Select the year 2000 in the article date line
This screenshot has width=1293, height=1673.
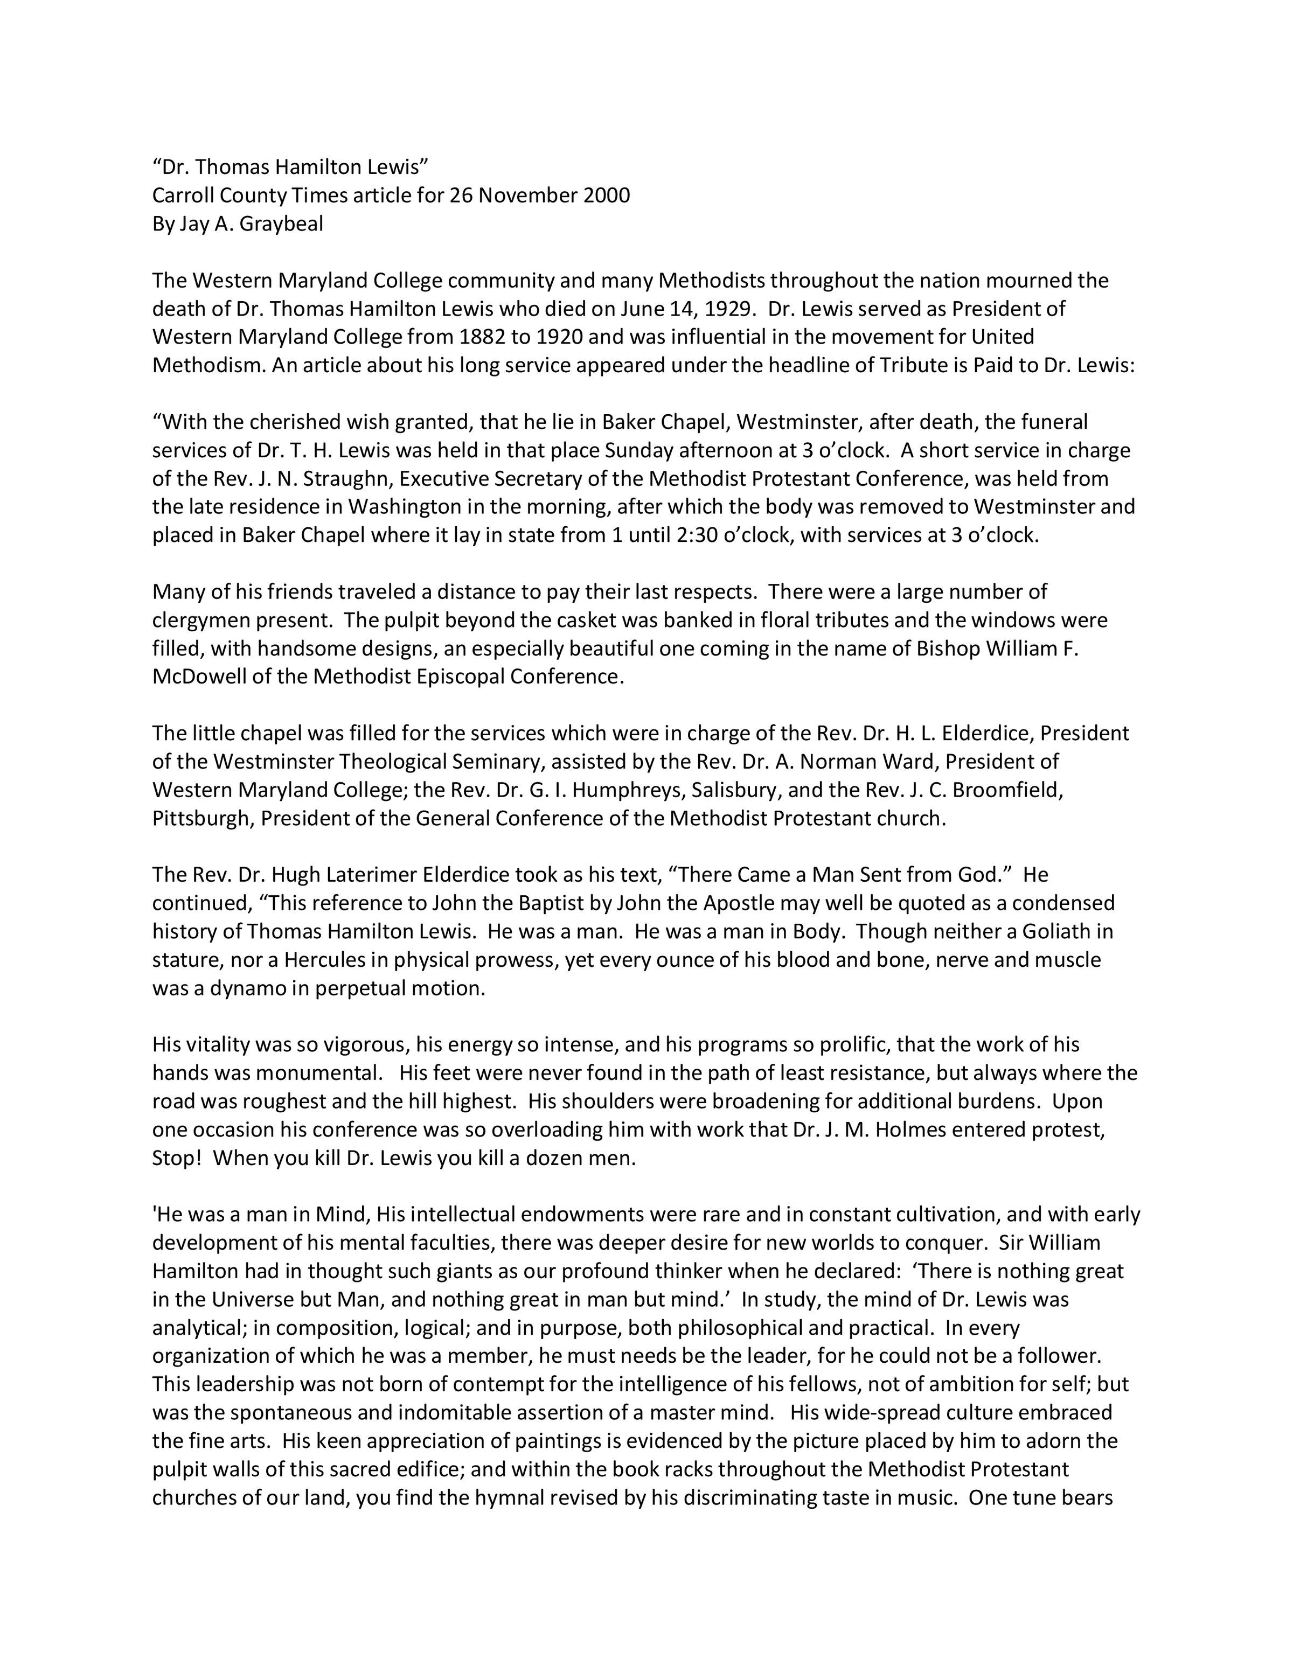(x=607, y=196)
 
